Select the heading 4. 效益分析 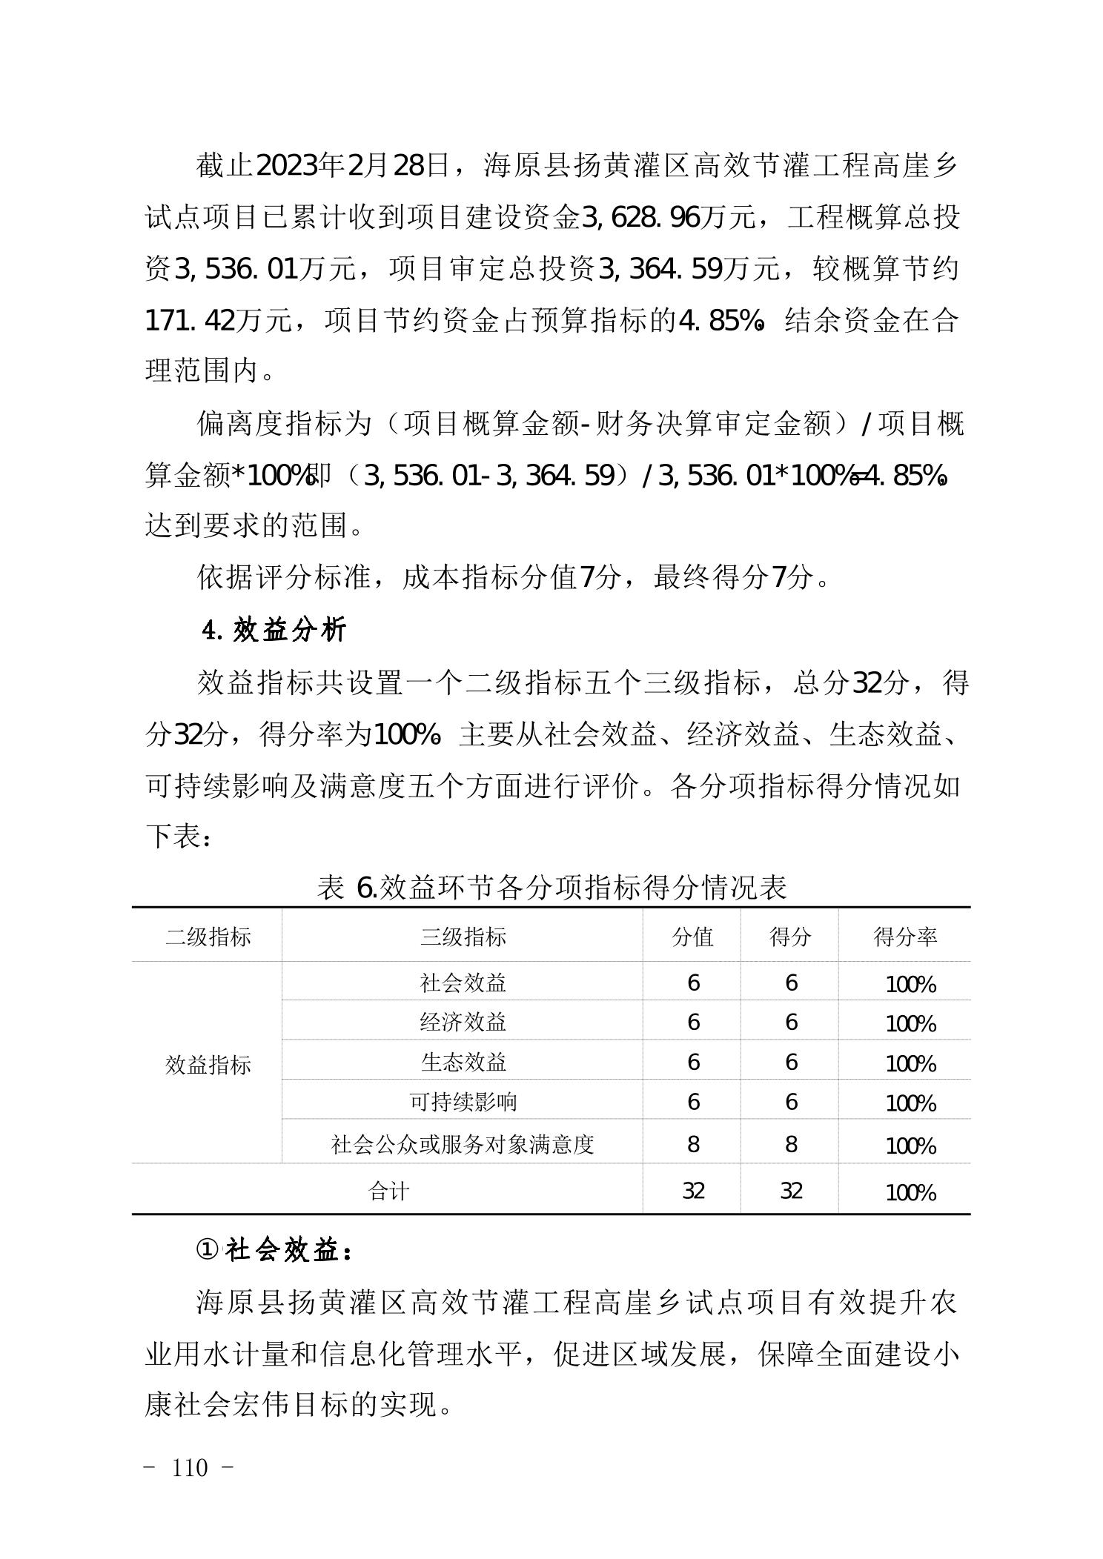pos(275,630)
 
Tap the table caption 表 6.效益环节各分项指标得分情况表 pos(551,887)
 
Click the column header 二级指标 pos(208,937)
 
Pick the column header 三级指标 pos(463,937)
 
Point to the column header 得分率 pos(905,937)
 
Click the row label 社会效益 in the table pos(463,983)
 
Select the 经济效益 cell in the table pos(463,1023)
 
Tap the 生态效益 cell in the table pos(463,1063)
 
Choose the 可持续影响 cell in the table pos(463,1102)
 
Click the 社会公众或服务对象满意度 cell pos(463,1145)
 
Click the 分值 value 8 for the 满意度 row pos(693,1145)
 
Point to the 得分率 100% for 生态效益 pos(911,1064)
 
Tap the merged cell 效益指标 pos(208,1066)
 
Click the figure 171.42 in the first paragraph pos(190,321)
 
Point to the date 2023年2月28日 pos(353,166)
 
